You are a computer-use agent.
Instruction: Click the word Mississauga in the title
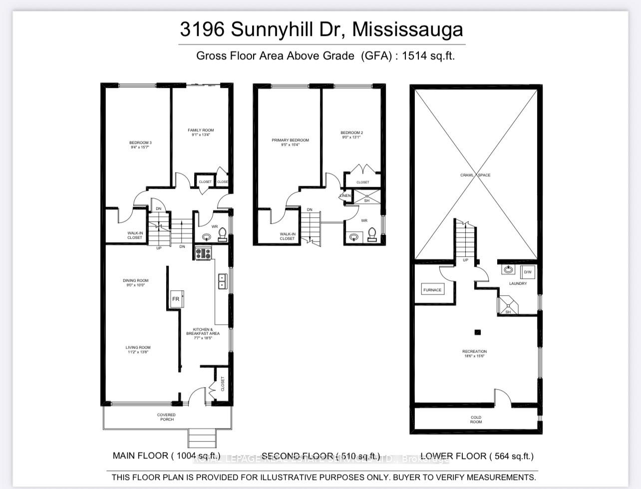[x=407, y=29]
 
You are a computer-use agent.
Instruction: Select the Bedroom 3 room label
[x=140, y=143]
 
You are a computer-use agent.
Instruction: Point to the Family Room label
[x=201, y=130]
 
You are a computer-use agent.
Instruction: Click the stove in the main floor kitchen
[x=203, y=254]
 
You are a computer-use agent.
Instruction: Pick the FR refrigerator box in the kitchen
[x=176, y=299]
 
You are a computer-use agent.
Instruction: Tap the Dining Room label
[x=136, y=281]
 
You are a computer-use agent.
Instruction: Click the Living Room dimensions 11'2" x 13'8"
[x=138, y=352]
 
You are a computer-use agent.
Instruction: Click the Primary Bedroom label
[x=290, y=140]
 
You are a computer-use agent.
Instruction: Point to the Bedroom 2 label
[x=352, y=133]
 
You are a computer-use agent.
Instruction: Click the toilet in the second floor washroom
[x=371, y=234]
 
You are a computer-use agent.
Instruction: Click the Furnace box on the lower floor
[x=432, y=290]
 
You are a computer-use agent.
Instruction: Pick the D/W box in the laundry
[x=528, y=272]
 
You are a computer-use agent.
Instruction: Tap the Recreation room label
[x=474, y=352]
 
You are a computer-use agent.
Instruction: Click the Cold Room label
[x=476, y=420]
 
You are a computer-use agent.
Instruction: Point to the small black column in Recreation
[x=478, y=332]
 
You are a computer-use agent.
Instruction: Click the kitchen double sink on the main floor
[x=222, y=281]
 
